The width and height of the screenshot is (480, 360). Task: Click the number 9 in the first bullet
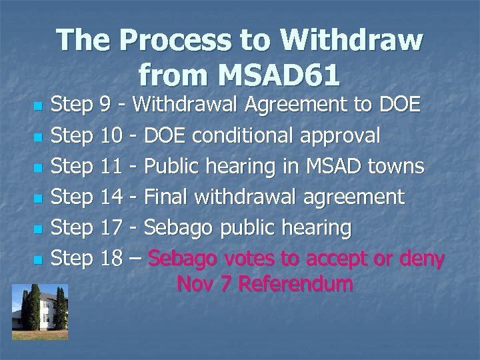click(104, 105)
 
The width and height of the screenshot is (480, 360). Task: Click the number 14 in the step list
click(111, 197)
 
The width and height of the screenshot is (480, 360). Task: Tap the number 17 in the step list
click(111, 227)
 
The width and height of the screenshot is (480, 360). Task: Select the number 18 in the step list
click(111, 258)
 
